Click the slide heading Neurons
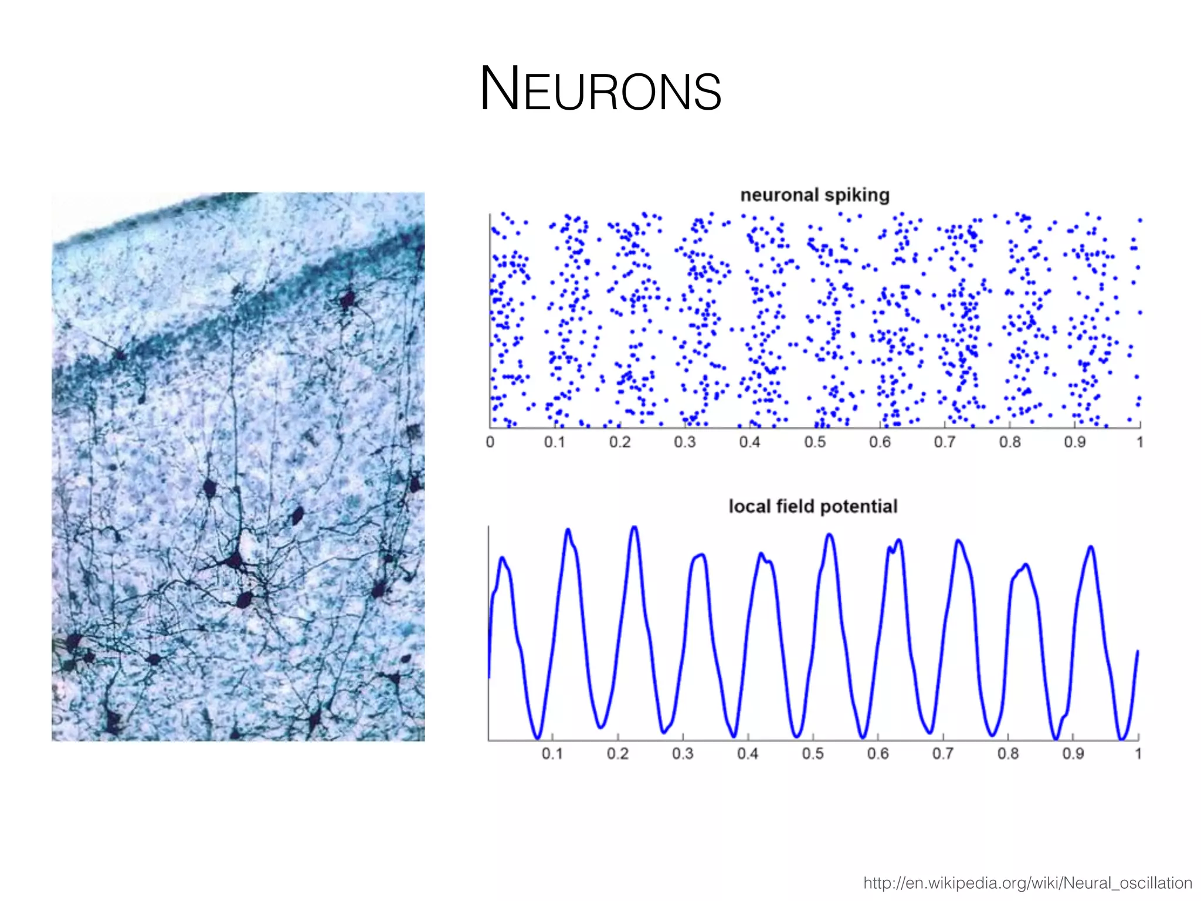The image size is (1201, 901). (x=600, y=89)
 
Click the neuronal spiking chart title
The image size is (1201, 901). (x=815, y=195)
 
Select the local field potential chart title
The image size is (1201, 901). (x=813, y=506)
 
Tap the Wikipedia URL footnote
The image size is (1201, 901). (x=1027, y=883)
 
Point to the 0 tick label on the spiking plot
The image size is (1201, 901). (x=490, y=442)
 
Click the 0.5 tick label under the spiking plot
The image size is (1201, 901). (x=815, y=442)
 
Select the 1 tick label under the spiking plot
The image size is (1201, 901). (x=1139, y=442)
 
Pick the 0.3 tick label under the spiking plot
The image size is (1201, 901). (x=684, y=442)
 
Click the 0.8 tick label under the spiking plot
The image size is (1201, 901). (x=1010, y=442)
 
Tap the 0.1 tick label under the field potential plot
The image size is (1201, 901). (x=552, y=754)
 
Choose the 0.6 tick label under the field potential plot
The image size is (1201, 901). (x=878, y=754)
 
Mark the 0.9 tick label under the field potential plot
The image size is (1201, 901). (x=1073, y=754)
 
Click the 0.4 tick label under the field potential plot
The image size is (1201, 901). (x=748, y=754)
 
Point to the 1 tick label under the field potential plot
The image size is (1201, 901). (x=1138, y=754)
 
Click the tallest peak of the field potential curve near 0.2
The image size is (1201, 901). (x=635, y=527)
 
